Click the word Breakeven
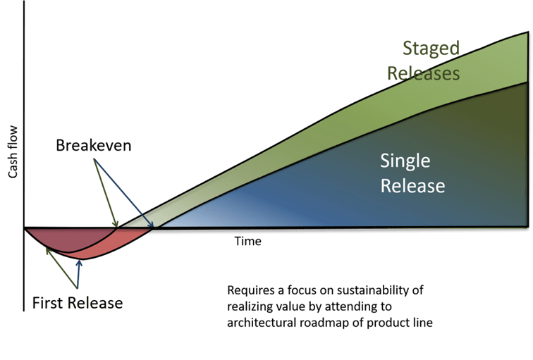click(94, 145)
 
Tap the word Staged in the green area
click(431, 48)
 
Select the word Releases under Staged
click(424, 73)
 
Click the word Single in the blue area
click(405, 161)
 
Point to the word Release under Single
click(412, 186)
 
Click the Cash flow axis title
click(13, 151)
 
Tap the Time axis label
click(247, 241)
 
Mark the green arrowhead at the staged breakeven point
click(116, 224)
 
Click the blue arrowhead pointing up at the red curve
click(80, 263)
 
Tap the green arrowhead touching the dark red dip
click(48, 252)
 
